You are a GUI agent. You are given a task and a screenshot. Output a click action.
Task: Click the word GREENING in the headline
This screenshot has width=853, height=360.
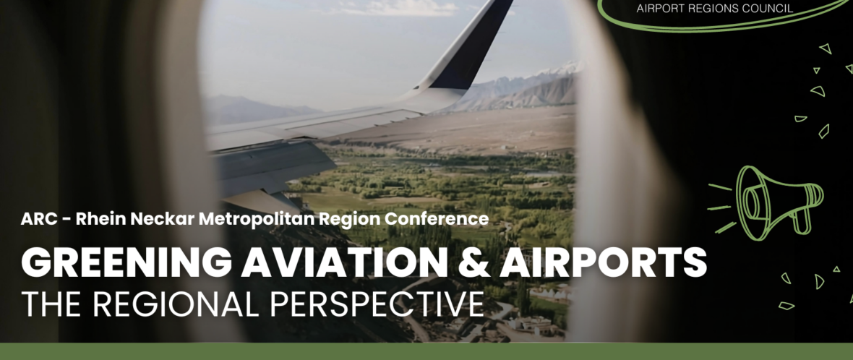127,262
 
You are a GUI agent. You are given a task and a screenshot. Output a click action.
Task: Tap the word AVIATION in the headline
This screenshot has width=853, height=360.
344,262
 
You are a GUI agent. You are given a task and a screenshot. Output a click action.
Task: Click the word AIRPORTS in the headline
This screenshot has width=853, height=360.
603,262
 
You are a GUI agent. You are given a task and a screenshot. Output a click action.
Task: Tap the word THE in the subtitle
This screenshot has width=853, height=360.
51,304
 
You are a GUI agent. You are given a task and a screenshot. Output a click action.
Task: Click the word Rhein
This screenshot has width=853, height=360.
95,219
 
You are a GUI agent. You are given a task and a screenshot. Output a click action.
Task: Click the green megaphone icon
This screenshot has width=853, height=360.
767,203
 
